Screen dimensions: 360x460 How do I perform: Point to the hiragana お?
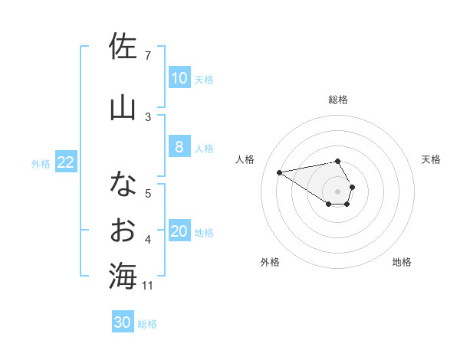123,229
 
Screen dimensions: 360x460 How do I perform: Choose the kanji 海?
123,276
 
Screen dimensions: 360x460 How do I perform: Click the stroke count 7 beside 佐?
147,56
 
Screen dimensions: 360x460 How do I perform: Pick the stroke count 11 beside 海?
148,286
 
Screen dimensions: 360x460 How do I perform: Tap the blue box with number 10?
179,78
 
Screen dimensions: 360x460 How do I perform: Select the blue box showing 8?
179,147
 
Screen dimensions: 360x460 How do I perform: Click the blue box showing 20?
179,231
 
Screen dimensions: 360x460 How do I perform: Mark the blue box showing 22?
66,162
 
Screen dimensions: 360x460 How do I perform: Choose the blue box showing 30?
122,322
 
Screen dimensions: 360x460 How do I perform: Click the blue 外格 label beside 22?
41,163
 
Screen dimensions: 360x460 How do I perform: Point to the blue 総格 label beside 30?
147,324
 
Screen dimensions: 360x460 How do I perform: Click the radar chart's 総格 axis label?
338,100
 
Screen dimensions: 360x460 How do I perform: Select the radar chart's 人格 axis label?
245,159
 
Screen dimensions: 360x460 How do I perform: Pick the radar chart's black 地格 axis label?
402,263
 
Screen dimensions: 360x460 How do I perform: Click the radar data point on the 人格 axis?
280,172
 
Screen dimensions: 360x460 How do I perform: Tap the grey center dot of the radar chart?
337,190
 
